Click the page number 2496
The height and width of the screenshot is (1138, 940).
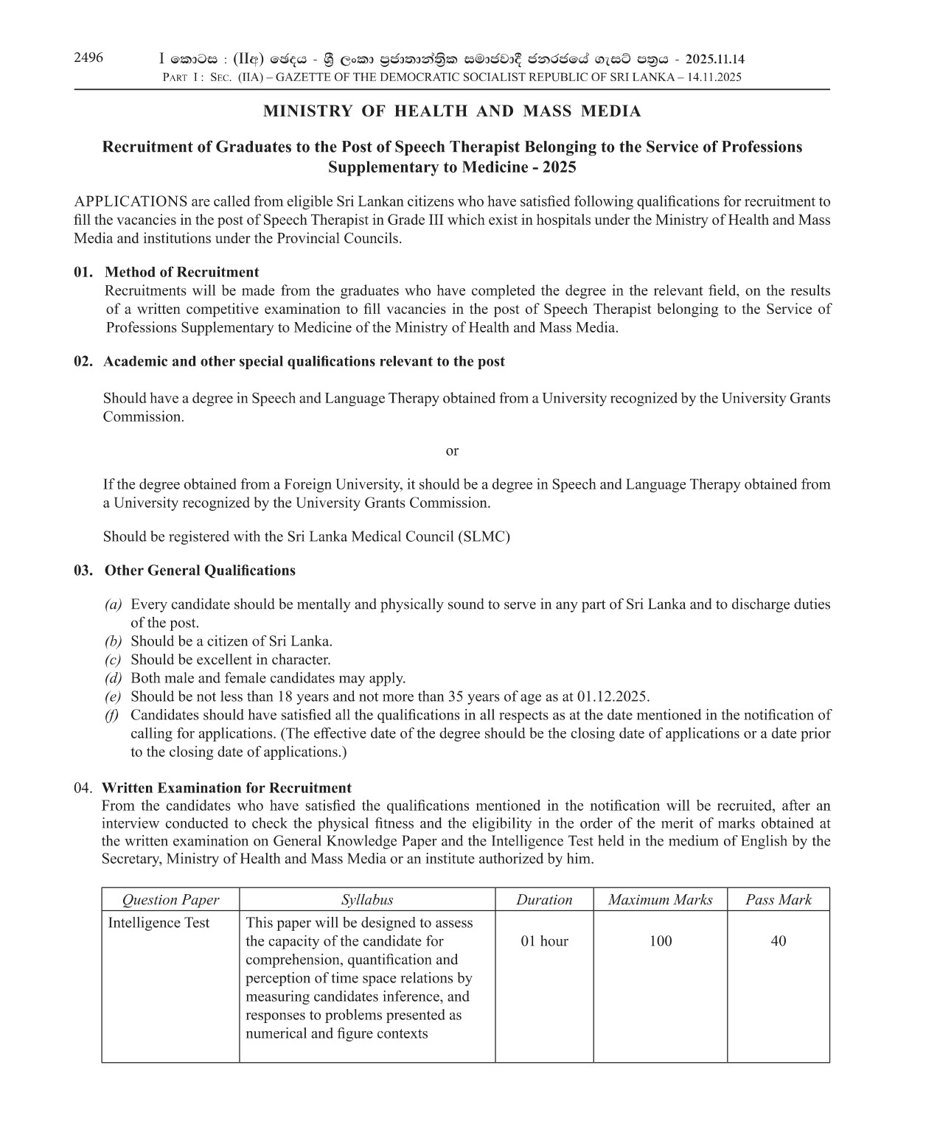88,58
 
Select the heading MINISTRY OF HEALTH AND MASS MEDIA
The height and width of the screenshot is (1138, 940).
452,111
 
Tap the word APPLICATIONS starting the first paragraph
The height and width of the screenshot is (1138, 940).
130,201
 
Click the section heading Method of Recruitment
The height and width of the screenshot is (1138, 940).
182,272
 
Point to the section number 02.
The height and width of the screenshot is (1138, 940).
83,361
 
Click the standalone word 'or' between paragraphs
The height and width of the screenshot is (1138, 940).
452,450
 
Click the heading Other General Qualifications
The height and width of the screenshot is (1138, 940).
200,570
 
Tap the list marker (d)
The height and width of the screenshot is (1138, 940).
113,678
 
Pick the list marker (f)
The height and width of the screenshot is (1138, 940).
113,715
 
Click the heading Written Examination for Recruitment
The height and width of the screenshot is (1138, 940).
226,788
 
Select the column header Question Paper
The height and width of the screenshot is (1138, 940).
170,900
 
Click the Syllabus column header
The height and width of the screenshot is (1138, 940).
367,900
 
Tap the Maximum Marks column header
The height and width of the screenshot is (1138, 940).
660,900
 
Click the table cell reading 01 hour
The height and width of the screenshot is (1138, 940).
544,941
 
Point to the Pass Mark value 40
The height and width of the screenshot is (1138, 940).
778,941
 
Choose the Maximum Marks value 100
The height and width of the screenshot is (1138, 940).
660,941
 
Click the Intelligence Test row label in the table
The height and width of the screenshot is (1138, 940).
159,923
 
